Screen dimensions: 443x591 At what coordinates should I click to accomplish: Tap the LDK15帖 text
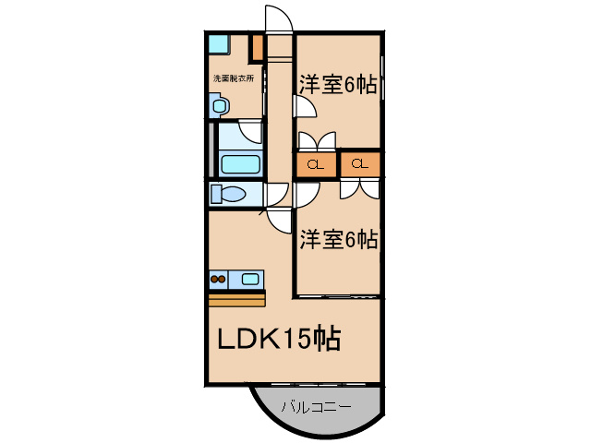pos(279,340)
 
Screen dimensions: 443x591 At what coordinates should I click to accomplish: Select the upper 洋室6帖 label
pos(337,85)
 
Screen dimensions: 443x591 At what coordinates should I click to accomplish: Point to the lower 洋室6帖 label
pos(337,240)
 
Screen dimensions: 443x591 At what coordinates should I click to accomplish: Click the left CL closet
pos(315,165)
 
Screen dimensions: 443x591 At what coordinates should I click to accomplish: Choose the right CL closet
pos(360,165)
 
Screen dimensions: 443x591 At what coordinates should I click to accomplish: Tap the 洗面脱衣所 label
pos(234,78)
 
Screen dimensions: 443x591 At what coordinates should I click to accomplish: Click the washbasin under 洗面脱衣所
pos(218,106)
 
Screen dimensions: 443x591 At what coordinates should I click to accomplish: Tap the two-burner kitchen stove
pos(219,278)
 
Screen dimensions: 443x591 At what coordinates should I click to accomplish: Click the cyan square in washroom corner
pos(217,43)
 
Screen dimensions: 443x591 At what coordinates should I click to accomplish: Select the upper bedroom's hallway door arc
pos(306,107)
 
